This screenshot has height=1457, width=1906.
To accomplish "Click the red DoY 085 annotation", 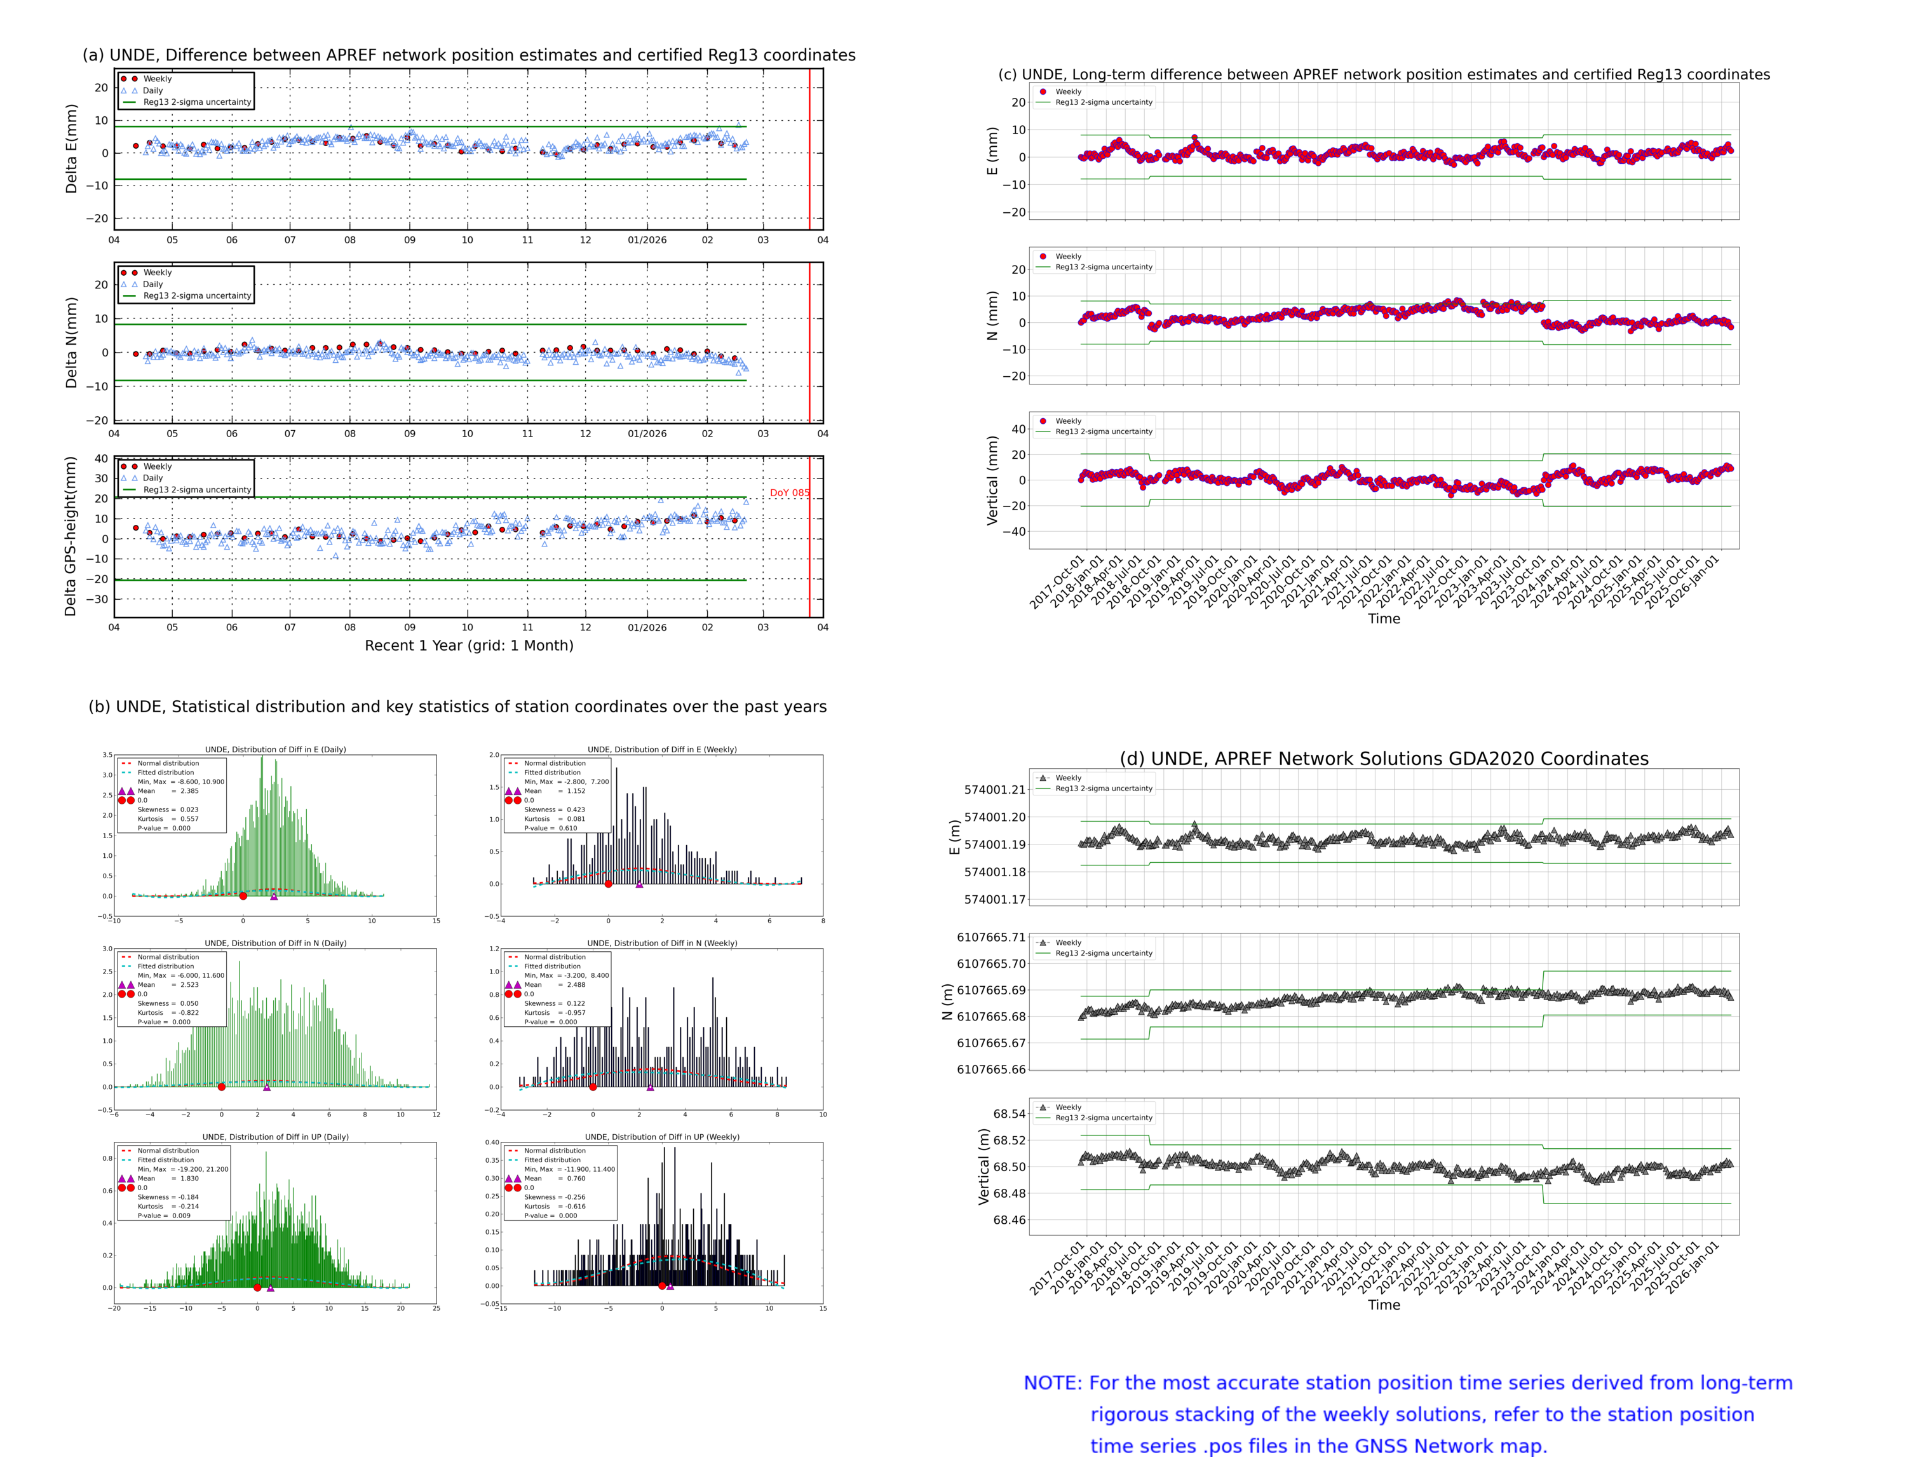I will point(788,492).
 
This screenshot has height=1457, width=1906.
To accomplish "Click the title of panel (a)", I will point(468,55).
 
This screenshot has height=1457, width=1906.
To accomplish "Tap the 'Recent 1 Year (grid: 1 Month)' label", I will point(468,645).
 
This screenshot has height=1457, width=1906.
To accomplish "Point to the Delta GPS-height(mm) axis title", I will point(71,536).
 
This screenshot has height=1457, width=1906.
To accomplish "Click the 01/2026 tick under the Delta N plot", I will point(647,433).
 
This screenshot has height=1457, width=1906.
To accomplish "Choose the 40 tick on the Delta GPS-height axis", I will point(102,459).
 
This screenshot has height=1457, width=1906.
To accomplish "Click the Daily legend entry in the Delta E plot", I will point(152,90).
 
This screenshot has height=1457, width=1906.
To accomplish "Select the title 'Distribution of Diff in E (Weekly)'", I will point(661,749).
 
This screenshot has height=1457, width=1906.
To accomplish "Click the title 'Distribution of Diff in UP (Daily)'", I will point(275,1137).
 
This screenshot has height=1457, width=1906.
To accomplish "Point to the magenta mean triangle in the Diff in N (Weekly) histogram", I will point(651,1087).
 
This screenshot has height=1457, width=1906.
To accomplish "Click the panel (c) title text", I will point(1383,74).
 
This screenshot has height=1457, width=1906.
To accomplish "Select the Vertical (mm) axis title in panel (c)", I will point(992,480).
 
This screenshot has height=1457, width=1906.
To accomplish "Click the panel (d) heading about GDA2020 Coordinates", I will point(1383,759).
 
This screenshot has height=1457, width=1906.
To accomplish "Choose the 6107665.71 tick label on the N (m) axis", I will point(990,937).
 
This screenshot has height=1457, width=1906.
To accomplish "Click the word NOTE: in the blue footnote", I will point(1052,1383).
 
